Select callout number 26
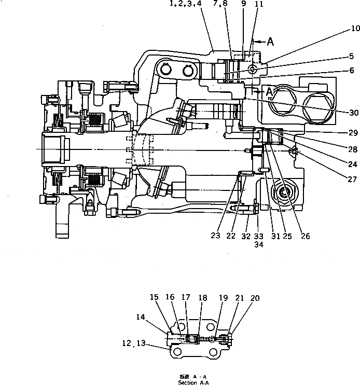point(305,236)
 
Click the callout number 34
point(258,245)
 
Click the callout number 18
point(202,298)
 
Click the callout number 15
point(155,297)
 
